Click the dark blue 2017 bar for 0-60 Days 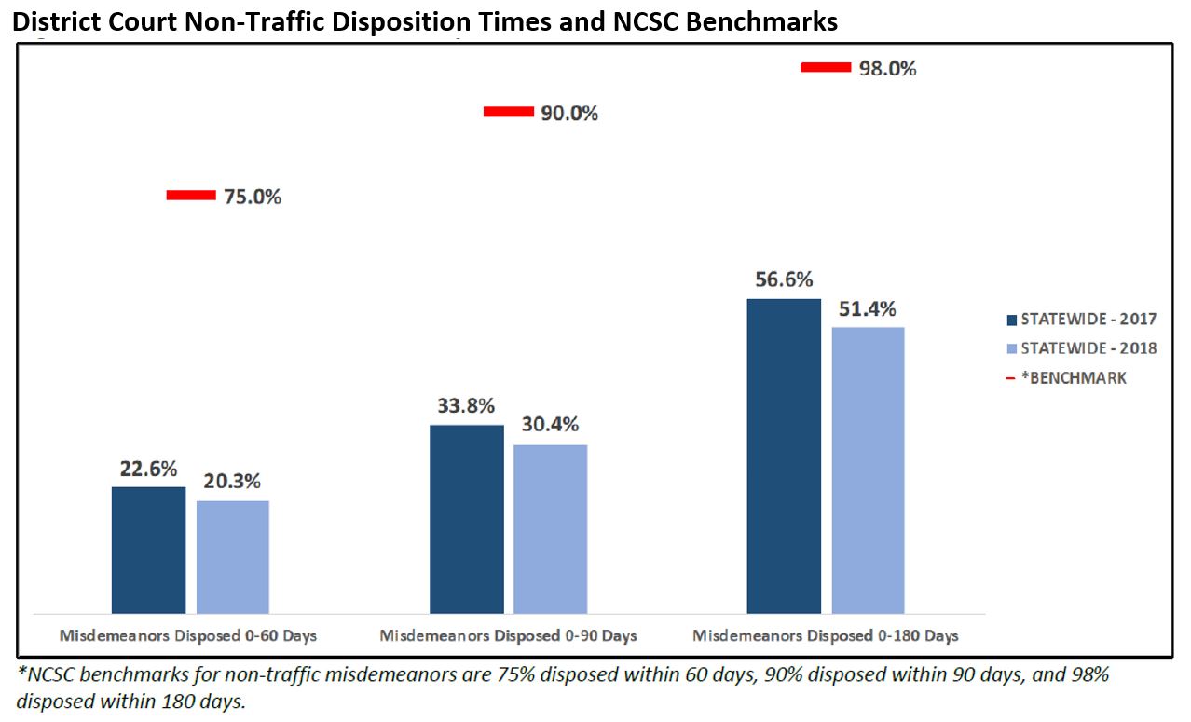click(x=148, y=550)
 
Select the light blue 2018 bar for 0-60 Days click(x=233, y=557)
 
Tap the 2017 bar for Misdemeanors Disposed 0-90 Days click(x=466, y=519)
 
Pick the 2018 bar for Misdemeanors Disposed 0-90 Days click(x=551, y=528)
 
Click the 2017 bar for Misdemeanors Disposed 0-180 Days click(x=784, y=456)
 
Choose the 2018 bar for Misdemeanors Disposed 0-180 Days click(x=868, y=470)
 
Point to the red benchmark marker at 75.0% click(x=191, y=196)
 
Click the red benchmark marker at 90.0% click(x=509, y=113)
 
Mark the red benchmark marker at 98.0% click(x=827, y=67)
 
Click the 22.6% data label click(x=148, y=470)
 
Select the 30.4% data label click(x=551, y=425)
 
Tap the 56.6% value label click(x=784, y=279)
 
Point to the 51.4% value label click(x=869, y=308)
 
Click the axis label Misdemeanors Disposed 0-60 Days click(x=188, y=636)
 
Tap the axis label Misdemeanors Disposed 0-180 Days click(x=825, y=636)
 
